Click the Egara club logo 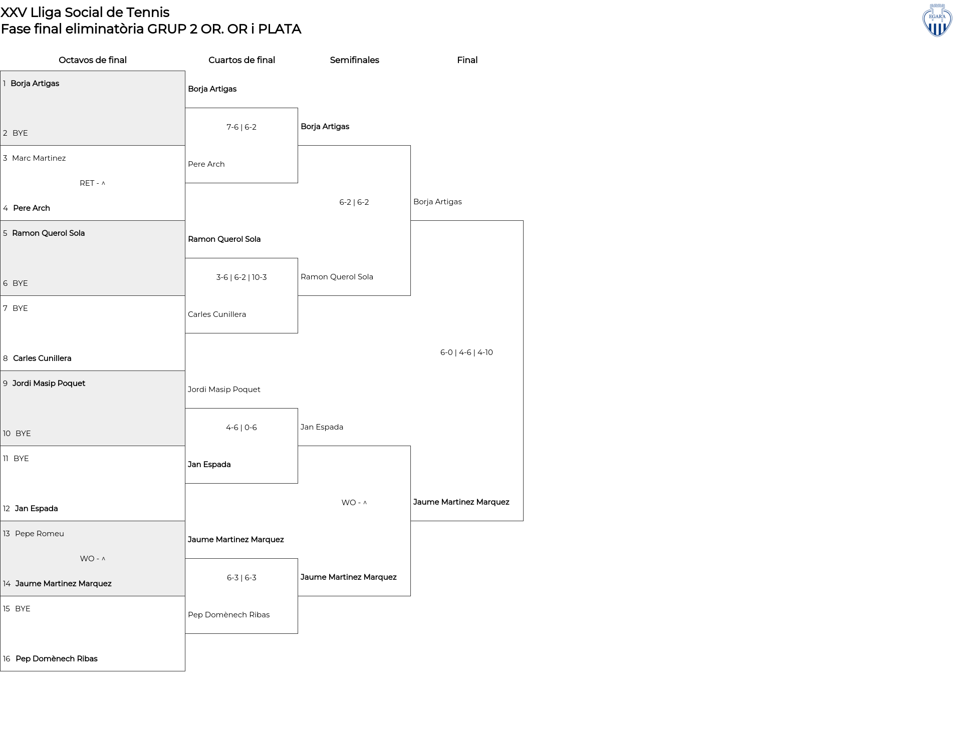coord(937,20)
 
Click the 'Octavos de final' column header coord(93,60)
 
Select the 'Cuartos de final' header coord(242,60)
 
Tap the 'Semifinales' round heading coord(354,60)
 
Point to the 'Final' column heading coord(467,60)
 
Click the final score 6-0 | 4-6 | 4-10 coord(466,352)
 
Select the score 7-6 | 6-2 coord(242,127)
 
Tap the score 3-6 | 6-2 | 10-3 coord(242,277)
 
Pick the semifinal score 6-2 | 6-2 coord(354,202)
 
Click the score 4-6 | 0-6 coord(242,428)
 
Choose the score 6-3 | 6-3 coord(242,578)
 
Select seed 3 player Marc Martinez coord(39,158)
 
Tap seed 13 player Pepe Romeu coord(40,534)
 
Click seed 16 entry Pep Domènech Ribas coord(57,659)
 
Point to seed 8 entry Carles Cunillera coord(42,358)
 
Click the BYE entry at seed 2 coord(20,133)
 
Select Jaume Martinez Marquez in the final coord(461,502)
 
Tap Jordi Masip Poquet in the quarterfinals coord(224,390)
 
